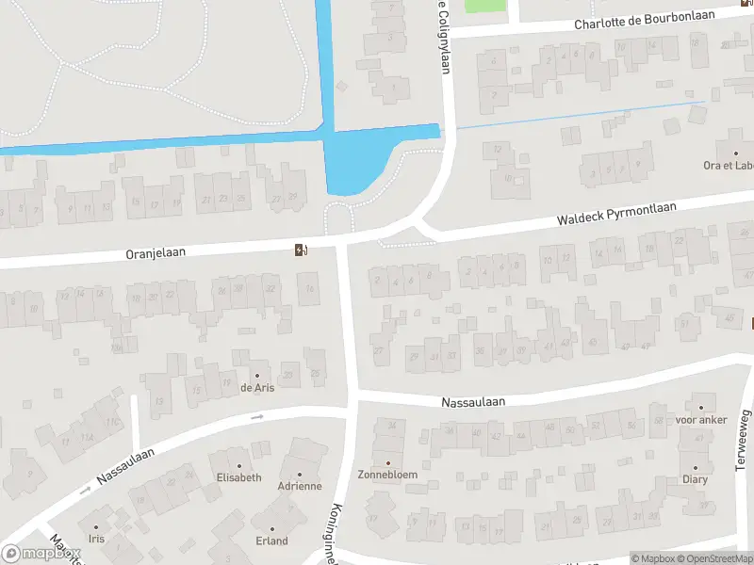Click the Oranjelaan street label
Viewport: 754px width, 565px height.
coord(156,253)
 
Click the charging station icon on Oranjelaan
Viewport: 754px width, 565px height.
coord(301,250)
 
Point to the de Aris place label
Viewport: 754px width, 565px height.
coord(257,388)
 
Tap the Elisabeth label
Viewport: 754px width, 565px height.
coord(238,477)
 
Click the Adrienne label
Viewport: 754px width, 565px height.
coord(300,486)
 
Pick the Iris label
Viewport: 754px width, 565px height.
coord(96,539)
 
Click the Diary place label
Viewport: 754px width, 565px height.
coord(696,478)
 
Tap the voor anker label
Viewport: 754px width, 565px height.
coord(701,419)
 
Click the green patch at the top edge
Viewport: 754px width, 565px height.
coord(484,6)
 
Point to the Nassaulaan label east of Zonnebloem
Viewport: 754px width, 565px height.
coord(474,401)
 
